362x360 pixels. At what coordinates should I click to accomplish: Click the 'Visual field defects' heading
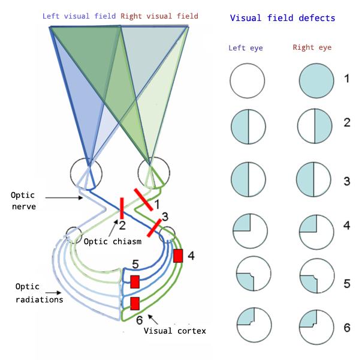click(283, 18)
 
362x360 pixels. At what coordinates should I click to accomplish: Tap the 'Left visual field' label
click(80, 15)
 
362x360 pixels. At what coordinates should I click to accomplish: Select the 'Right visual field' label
click(159, 15)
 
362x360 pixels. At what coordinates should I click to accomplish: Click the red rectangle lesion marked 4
click(177, 256)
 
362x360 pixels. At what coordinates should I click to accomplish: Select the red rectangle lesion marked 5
click(135, 281)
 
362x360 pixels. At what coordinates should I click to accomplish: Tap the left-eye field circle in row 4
click(248, 230)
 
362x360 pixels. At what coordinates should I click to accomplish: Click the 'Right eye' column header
click(313, 47)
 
